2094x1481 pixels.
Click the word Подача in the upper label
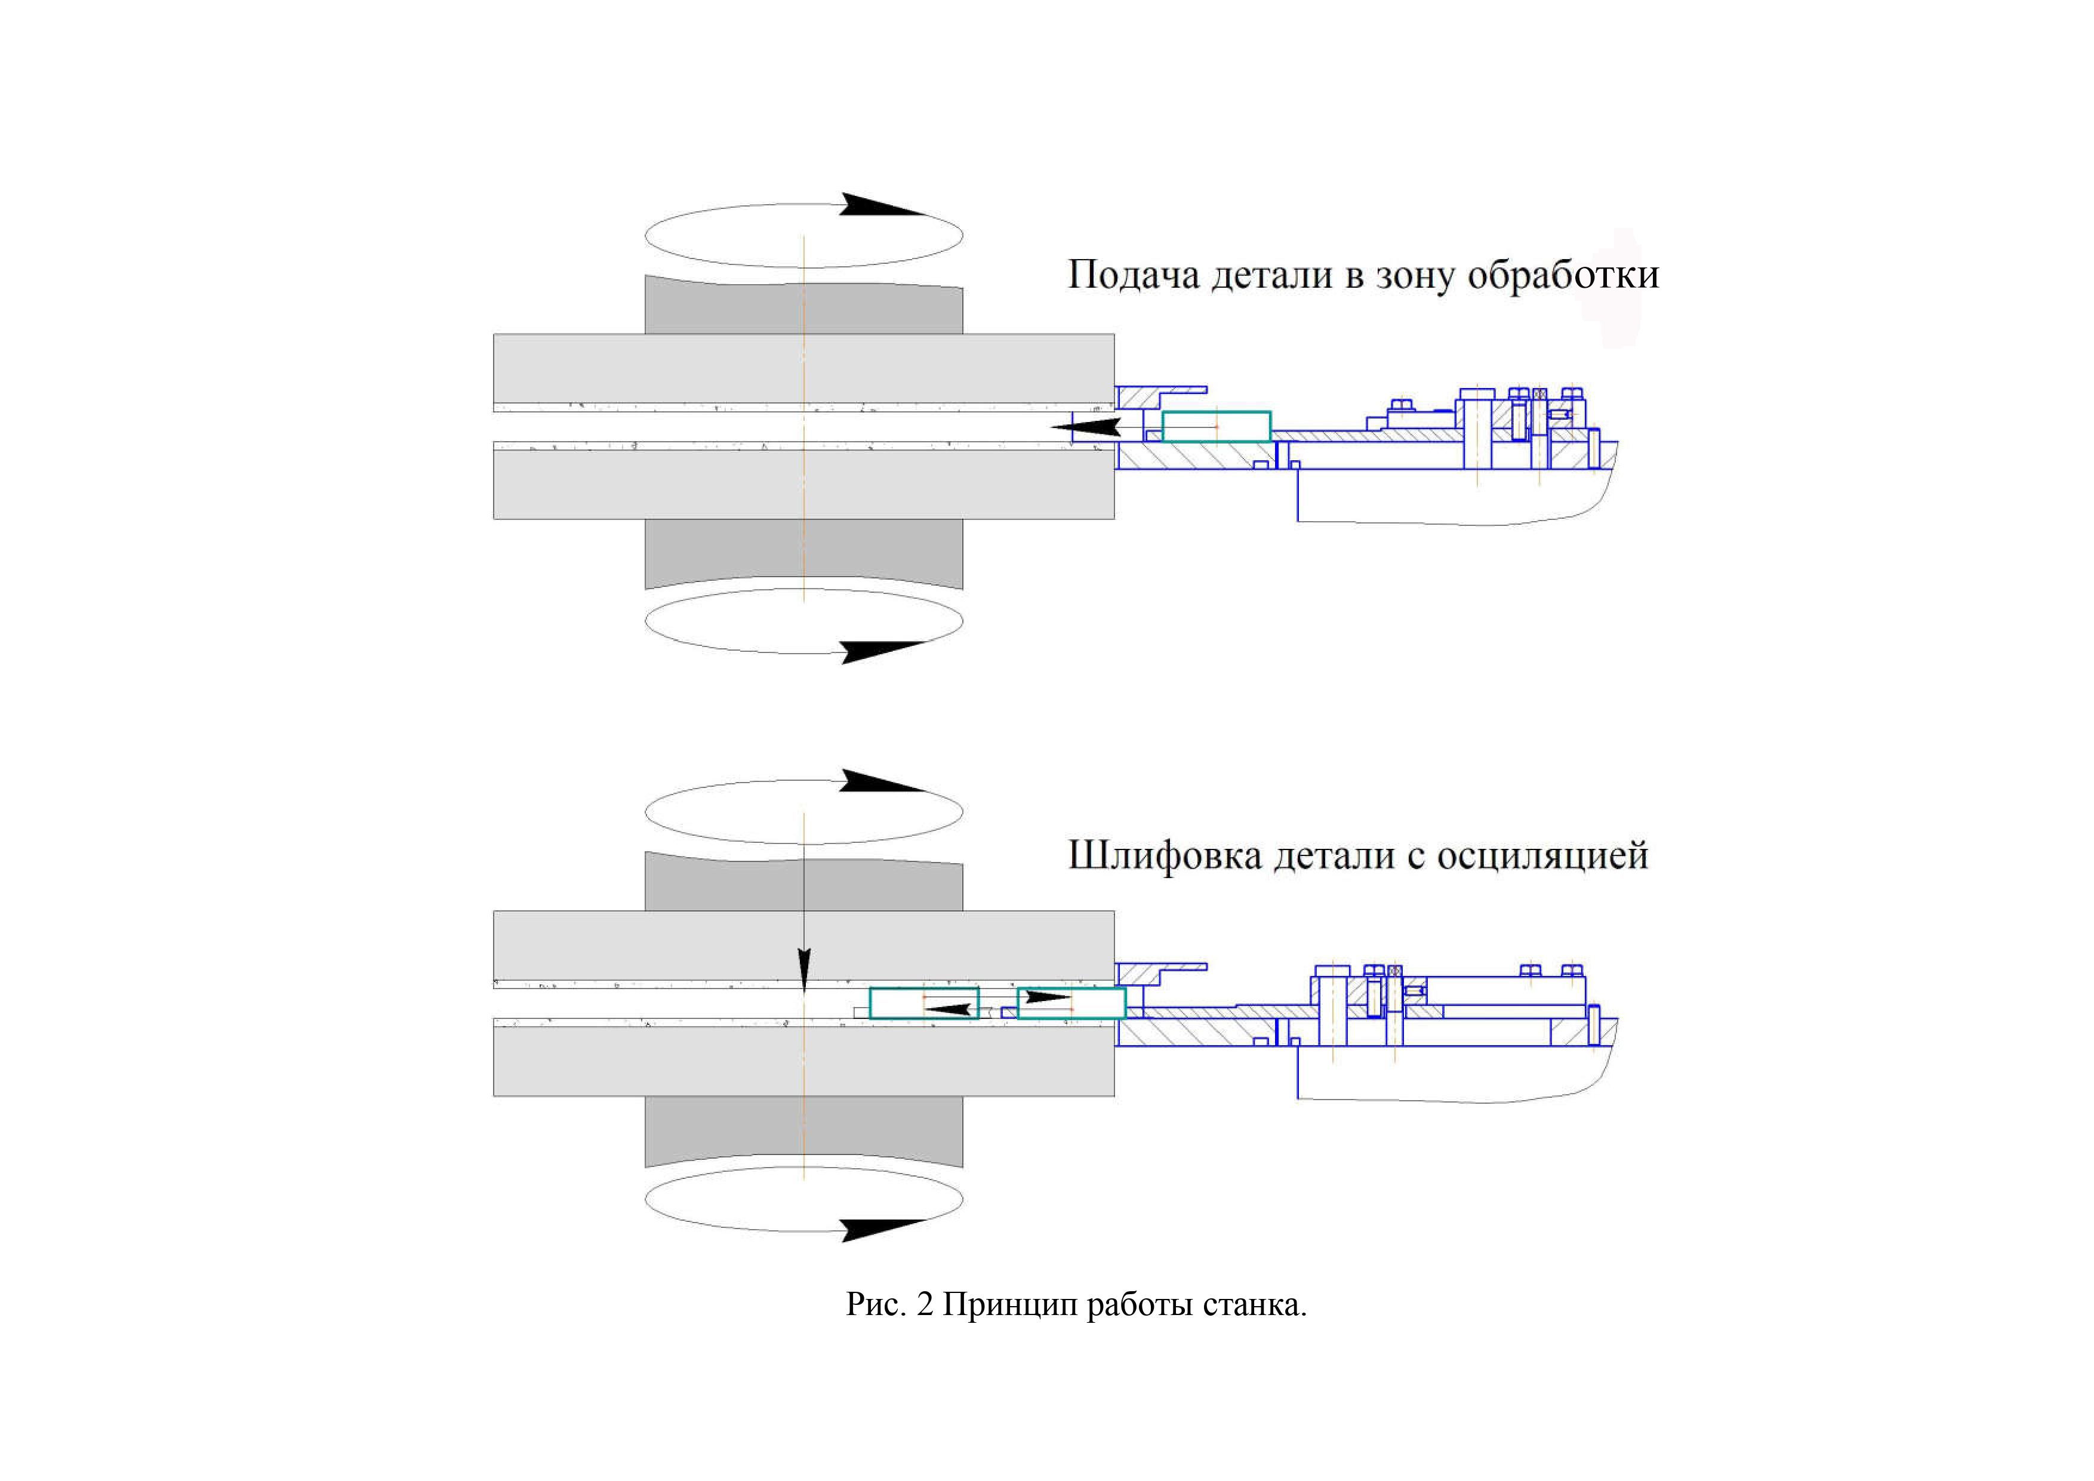1132,275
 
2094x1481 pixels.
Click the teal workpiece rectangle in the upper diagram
1217,427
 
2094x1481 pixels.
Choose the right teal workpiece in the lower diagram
1071,1003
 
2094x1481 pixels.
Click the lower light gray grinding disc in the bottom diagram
803,1061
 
